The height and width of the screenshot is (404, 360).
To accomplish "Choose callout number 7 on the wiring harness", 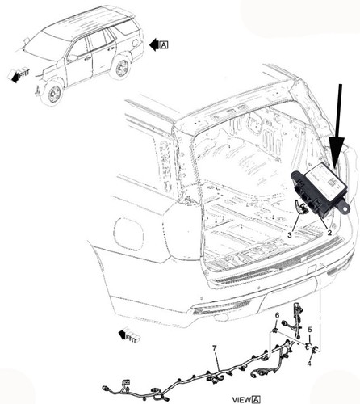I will tap(215, 348).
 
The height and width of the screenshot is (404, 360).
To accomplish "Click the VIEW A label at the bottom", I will tap(246, 398).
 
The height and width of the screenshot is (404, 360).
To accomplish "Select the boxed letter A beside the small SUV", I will tap(165, 45).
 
